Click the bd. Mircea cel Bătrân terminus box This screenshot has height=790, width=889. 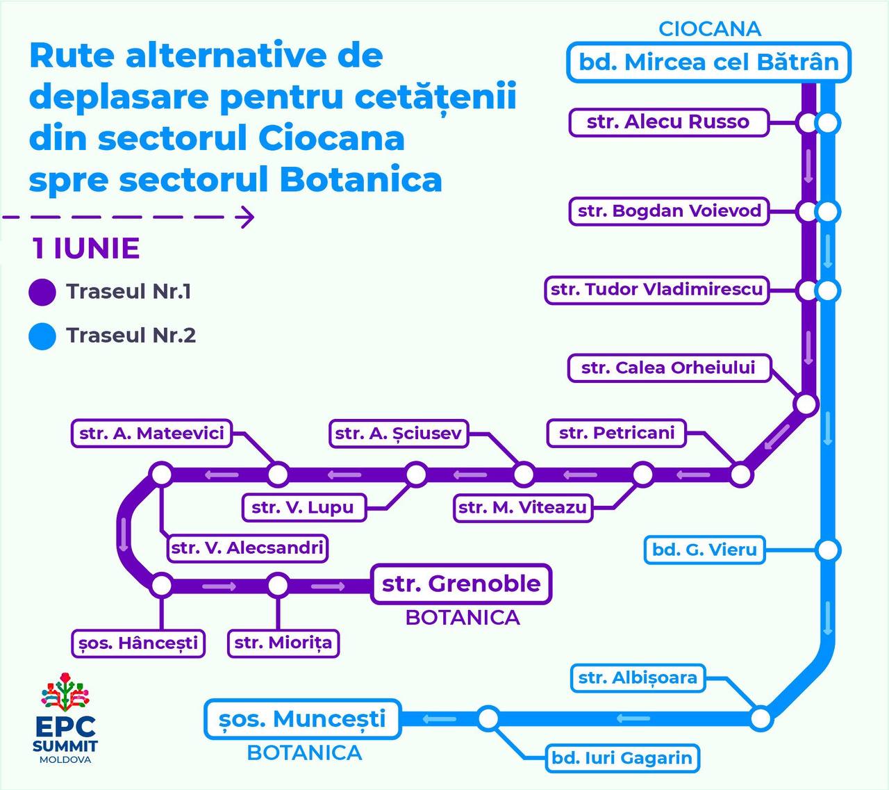pyautogui.click(x=708, y=63)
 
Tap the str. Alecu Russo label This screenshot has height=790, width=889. pyautogui.click(x=667, y=122)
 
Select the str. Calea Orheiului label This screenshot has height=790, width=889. pyautogui.click(x=668, y=368)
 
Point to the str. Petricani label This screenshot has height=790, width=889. pyautogui.click(x=616, y=433)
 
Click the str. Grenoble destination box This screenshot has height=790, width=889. pyautogui.click(x=461, y=584)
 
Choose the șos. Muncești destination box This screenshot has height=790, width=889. pyautogui.click(x=302, y=718)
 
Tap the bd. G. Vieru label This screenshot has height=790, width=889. pyautogui.click(x=704, y=550)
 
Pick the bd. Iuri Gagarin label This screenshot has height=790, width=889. pyautogui.click(x=622, y=757)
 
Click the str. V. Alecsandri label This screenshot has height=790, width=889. pyautogui.click(x=247, y=548)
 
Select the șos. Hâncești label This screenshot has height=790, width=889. pyautogui.click(x=138, y=643)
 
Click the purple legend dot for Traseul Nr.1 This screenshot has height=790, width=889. pyautogui.click(x=42, y=292)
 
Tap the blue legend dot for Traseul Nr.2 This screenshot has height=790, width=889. pyautogui.click(x=42, y=336)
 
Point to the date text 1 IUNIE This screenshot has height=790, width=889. pyautogui.click(x=85, y=249)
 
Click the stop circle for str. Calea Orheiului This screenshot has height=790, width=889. pyautogui.click(x=806, y=404)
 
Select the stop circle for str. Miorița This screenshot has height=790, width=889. pyautogui.click(x=278, y=585)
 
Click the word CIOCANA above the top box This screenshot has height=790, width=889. pyautogui.click(x=709, y=29)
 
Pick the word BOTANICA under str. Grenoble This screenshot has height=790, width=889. pyautogui.click(x=463, y=618)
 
